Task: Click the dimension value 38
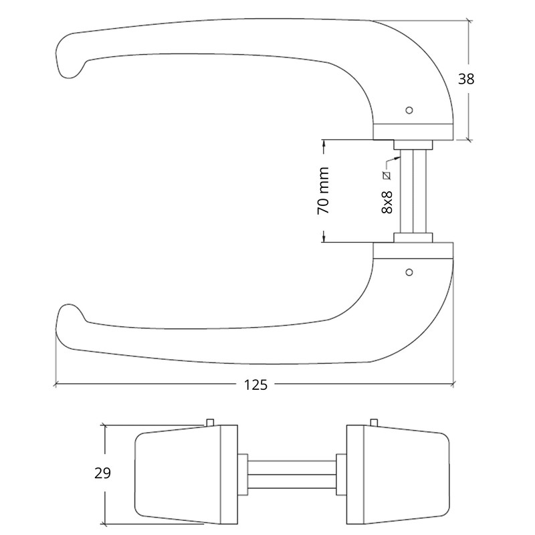[x=466, y=79]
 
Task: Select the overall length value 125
[x=255, y=385]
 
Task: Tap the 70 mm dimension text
[x=324, y=191]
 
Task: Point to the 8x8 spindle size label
[x=387, y=201]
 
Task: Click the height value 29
[x=102, y=473]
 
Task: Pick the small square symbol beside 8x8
[x=387, y=176]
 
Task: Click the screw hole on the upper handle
[x=410, y=109]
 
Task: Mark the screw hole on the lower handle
[x=410, y=272]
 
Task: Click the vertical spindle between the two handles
[x=413, y=191]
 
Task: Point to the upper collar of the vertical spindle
[x=413, y=144]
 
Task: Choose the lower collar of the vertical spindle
[x=413, y=237]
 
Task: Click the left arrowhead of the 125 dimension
[x=57, y=385]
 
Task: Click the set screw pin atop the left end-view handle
[x=211, y=421]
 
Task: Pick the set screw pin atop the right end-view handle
[x=373, y=422]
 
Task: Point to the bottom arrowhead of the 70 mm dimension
[x=324, y=238]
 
